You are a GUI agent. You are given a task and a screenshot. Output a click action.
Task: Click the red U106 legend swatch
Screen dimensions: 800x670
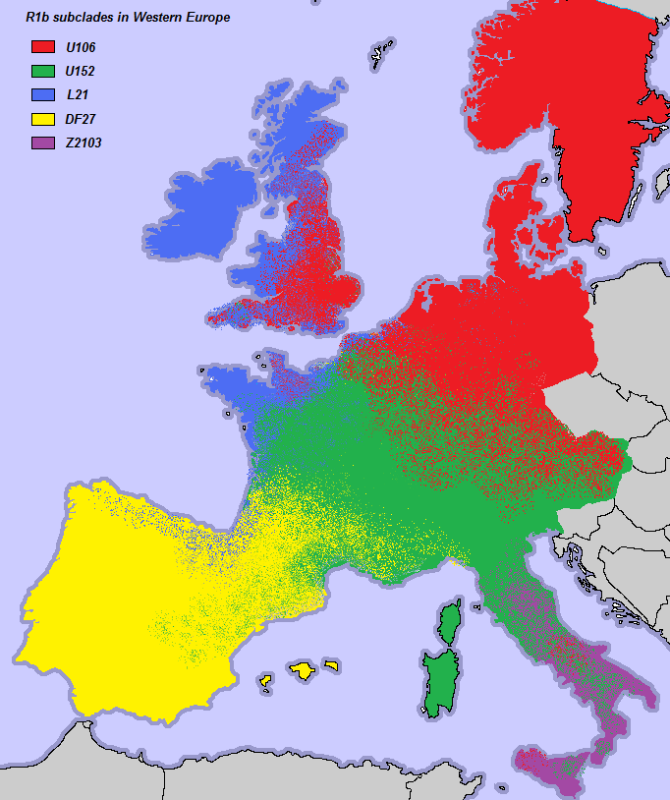tap(42, 46)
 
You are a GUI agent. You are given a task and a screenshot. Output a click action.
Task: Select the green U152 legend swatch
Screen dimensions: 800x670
tap(42, 71)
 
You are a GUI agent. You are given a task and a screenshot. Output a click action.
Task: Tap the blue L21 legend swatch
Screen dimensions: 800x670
tap(42, 94)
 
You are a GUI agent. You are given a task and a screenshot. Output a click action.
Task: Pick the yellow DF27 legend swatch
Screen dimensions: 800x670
tap(42, 119)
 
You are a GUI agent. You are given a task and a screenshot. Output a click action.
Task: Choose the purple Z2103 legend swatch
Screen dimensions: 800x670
tap(42, 143)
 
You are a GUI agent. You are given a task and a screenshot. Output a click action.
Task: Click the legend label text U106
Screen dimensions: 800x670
tap(80, 47)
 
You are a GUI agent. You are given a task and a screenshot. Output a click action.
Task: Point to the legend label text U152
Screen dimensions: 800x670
tap(80, 71)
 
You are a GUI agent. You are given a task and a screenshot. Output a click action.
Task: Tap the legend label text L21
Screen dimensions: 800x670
tap(75, 95)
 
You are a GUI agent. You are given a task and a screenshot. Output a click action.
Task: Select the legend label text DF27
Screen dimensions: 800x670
tap(79, 119)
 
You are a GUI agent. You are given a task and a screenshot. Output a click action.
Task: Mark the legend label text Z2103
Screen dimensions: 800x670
tap(83, 143)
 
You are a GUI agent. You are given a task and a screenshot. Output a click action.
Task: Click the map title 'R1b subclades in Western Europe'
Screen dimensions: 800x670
tap(127, 18)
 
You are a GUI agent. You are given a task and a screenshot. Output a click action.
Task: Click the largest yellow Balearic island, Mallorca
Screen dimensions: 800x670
tap(304, 670)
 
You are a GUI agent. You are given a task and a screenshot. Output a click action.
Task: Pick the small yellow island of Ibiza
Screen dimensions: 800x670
tap(265, 680)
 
